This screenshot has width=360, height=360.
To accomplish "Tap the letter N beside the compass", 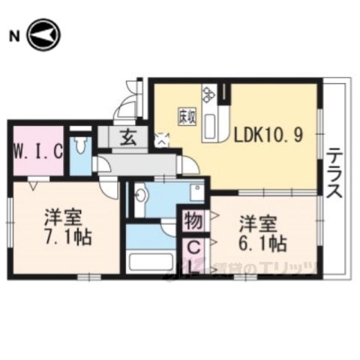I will point(13,35).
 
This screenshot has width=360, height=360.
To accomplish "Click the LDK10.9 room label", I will point(268,136).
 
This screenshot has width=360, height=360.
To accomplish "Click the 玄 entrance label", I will point(127,137).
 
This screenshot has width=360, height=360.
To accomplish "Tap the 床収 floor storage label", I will point(187,116).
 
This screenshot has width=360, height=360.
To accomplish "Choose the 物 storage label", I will point(191,221).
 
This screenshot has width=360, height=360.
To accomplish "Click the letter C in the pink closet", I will point(192,245).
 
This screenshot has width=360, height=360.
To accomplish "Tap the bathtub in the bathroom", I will point(149,263).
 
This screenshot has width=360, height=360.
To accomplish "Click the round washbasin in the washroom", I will point(140,199).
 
